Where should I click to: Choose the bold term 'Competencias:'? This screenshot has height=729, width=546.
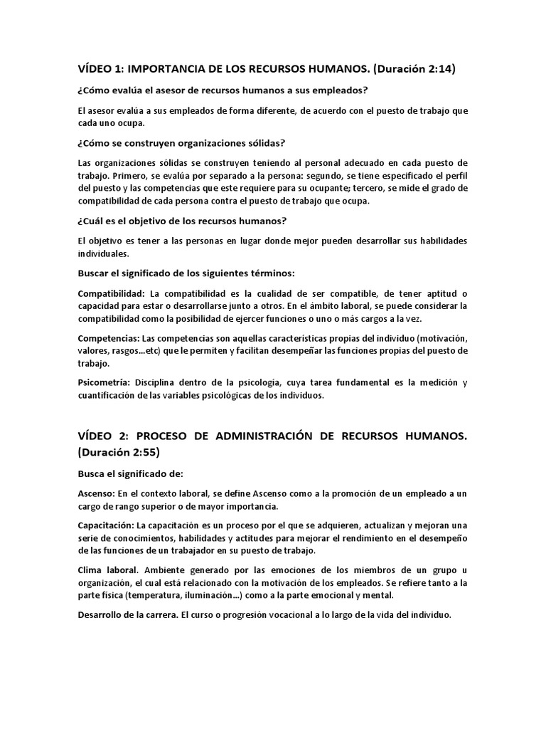click(x=108, y=337)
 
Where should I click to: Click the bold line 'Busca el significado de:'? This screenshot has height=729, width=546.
click(x=132, y=473)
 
